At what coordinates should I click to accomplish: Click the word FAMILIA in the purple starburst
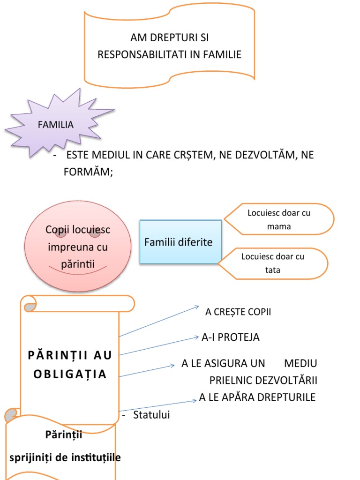click(56, 125)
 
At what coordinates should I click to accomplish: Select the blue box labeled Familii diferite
click(180, 242)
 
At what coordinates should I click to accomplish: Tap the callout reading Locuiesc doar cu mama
click(279, 219)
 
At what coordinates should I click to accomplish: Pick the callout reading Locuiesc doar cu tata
click(273, 263)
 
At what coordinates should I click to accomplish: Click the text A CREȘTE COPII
click(238, 312)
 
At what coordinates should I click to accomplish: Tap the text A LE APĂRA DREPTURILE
click(257, 397)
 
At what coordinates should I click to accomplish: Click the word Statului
click(151, 415)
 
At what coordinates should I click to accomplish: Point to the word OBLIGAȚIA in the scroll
click(70, 375)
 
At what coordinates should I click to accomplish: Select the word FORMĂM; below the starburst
click(89, 172)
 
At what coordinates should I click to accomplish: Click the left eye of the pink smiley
click(60, 232)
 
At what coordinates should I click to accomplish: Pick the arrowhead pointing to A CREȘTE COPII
click(197, 307)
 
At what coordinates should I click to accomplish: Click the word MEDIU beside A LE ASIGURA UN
click(300, 363)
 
